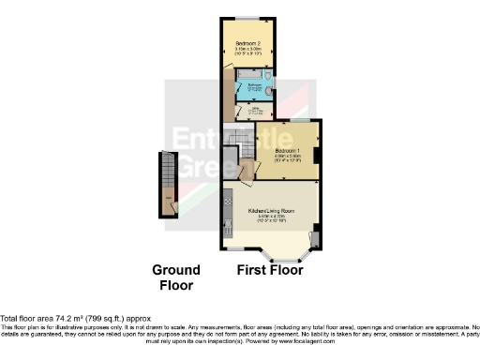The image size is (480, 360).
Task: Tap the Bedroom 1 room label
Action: click(x=288, y=151)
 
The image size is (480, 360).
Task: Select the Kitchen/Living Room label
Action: click(x=272, y=212)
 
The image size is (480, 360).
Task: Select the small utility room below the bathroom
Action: click(x=254, y=110)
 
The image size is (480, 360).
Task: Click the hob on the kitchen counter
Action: click(x=228, y=199)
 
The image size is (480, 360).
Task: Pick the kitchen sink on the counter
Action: click(x=228, y=225)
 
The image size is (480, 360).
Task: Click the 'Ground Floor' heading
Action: click(x=175, y=277)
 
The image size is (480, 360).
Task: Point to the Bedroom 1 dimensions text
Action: click(x=288, y=159)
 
